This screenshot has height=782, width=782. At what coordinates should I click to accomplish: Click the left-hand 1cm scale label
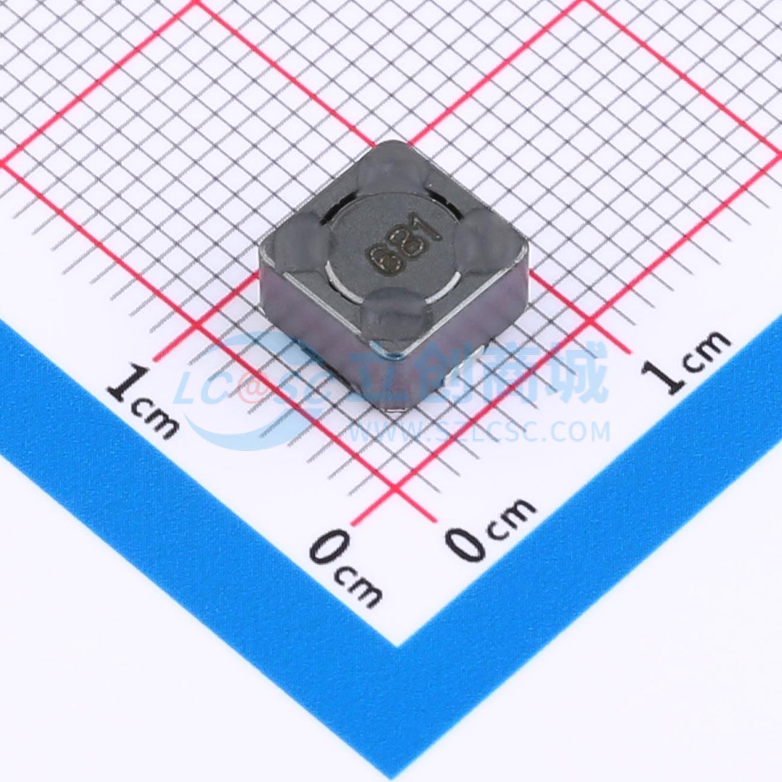pyautogui.click(x=143, y=400)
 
